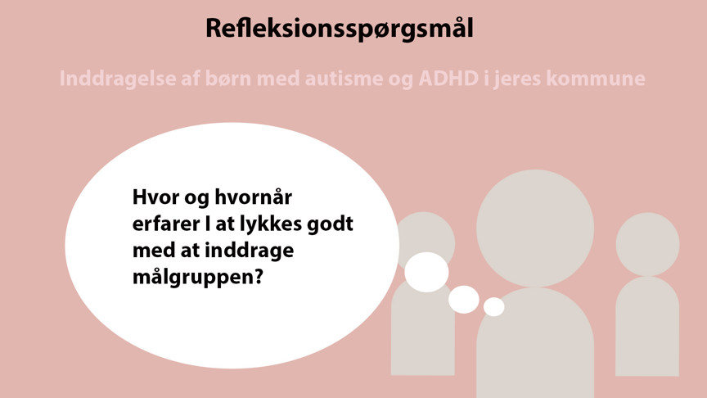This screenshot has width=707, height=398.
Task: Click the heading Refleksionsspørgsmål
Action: point(340,29)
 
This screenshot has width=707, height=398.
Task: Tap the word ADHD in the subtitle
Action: point(448,78)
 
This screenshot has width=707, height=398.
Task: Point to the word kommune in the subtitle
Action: point(596,78)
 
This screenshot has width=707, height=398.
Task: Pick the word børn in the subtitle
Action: point(227,78)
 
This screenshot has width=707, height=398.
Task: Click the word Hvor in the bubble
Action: point(155,197)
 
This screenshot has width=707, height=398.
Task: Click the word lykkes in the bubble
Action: point(271,224)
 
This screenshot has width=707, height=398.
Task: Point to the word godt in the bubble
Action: point(330,224)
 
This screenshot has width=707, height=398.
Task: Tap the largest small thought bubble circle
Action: point(426,272)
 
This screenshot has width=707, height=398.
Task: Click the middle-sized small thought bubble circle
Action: point(463,300)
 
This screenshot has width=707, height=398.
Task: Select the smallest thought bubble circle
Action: point(494,307)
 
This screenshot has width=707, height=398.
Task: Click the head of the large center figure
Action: point(535,228)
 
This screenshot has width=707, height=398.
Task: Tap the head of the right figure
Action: point(647,245)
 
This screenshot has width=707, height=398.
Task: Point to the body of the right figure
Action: point(647,326)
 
